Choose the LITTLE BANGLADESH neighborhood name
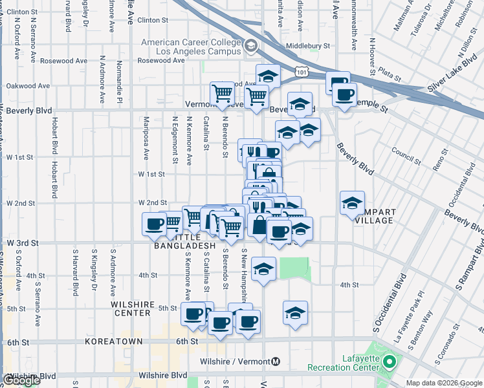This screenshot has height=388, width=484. pyautogui.click(x=184, y=241)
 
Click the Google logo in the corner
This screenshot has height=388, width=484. pyautogui.click(x=22, y=380)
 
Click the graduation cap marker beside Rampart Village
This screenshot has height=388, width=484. pyautogui.click(x=352, y=202)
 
